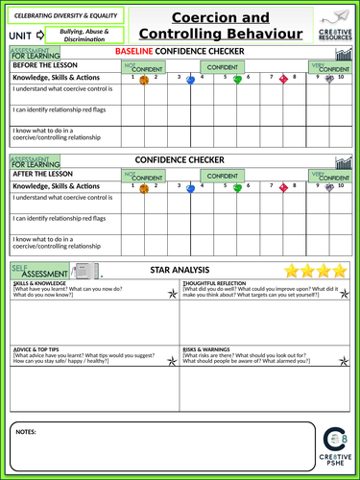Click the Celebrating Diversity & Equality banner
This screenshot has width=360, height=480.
tap(66, 14)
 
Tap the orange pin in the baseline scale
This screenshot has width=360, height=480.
tap(144, 81)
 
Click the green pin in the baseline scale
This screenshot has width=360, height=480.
tap(237, 81)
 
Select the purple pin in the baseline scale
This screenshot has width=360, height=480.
tap(329, 81)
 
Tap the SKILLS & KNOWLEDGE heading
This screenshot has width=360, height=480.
tap(40, 285)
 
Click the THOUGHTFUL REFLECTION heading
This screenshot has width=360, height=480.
tap(213, 285)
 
